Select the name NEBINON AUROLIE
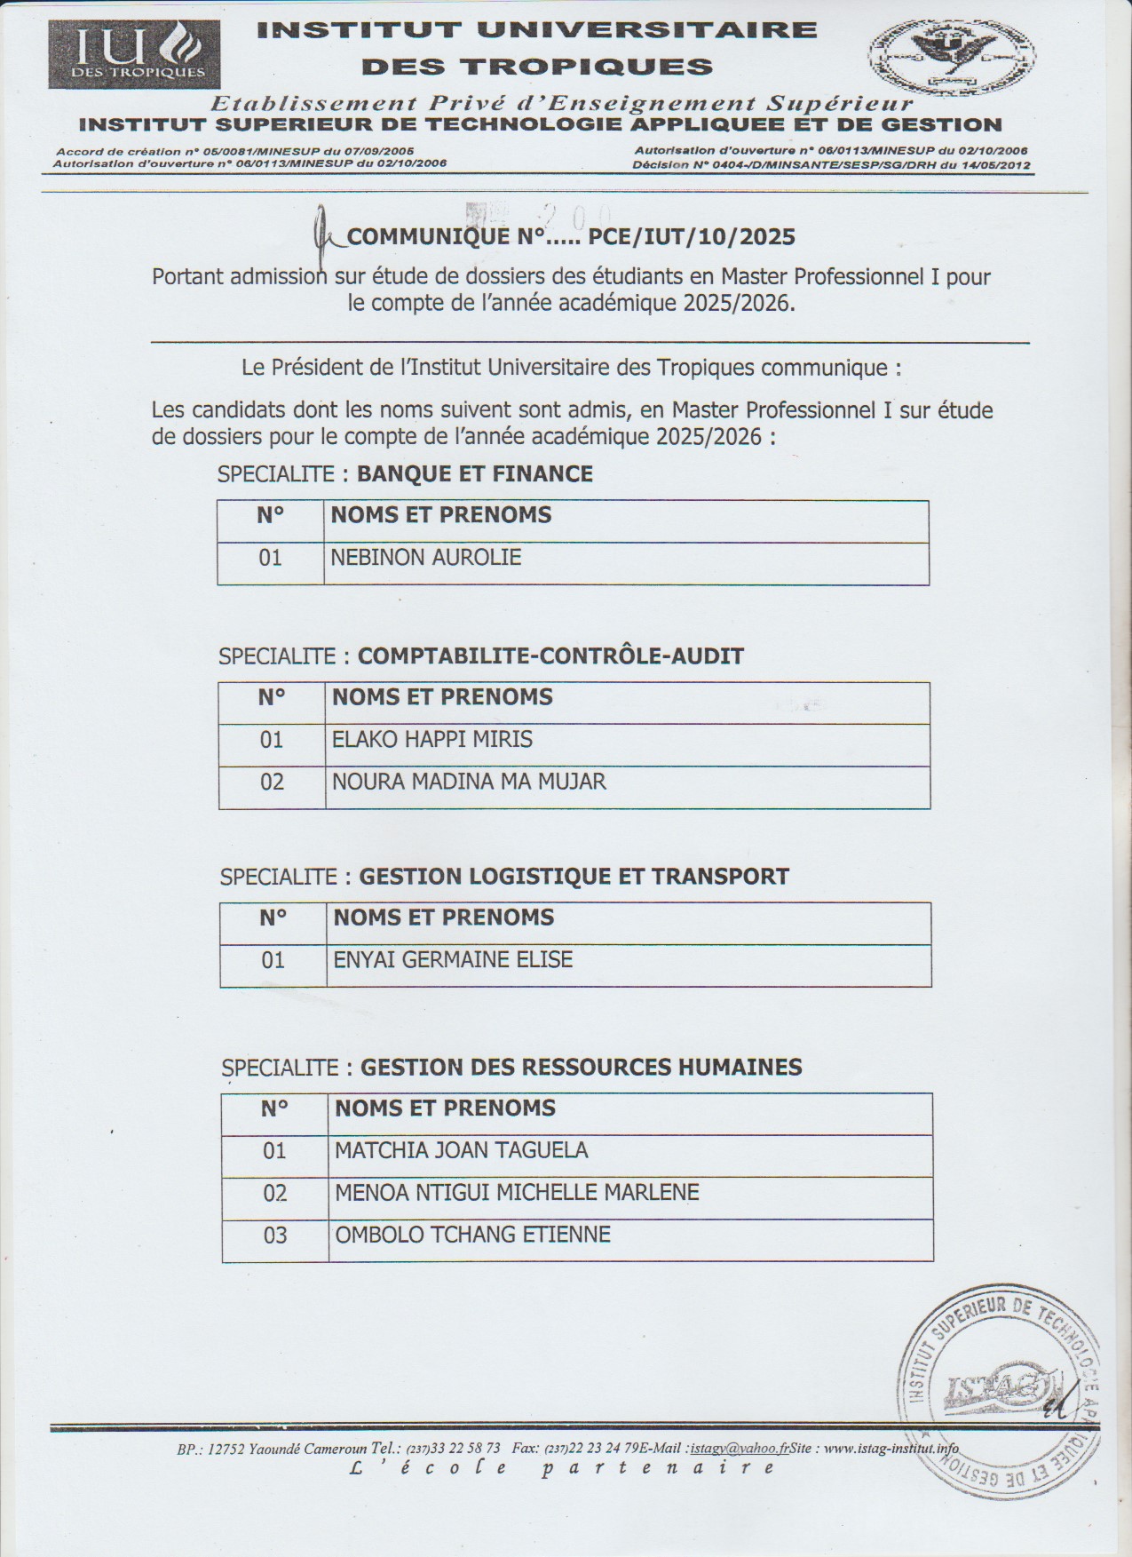point(425,558)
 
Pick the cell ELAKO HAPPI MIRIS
point(431,740)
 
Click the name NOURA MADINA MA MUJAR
point(469,782)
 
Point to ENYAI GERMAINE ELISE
point(453,960)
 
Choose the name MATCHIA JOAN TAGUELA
point(461,1150)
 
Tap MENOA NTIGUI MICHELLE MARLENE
point(517,1192)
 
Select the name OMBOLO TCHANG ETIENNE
point(472,1235)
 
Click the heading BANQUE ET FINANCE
point(474,473)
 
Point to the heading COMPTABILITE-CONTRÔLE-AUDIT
point(550,656)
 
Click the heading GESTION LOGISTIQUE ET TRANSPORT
point(574,877)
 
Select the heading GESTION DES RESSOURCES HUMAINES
point(581,1067)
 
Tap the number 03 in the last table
point(275,1235)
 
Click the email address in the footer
point(740,1449)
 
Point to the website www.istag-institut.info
point(891,1449)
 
